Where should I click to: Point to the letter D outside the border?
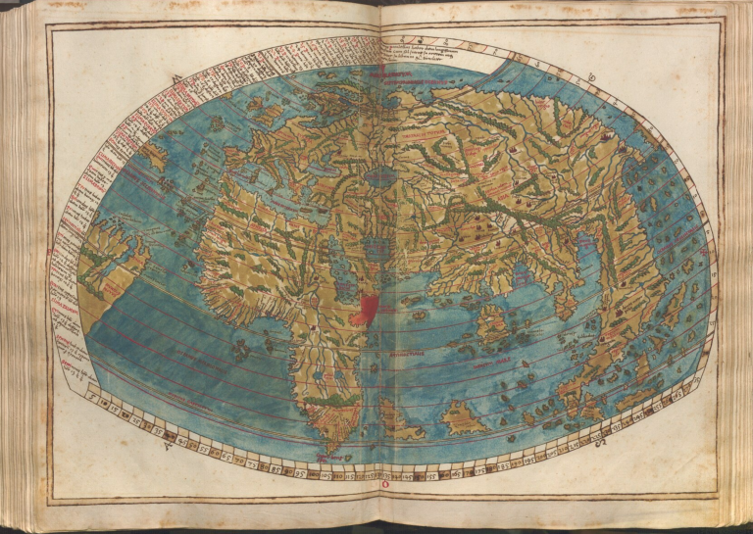(x=592, y=77)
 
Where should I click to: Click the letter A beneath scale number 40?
(x=169, y=446)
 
